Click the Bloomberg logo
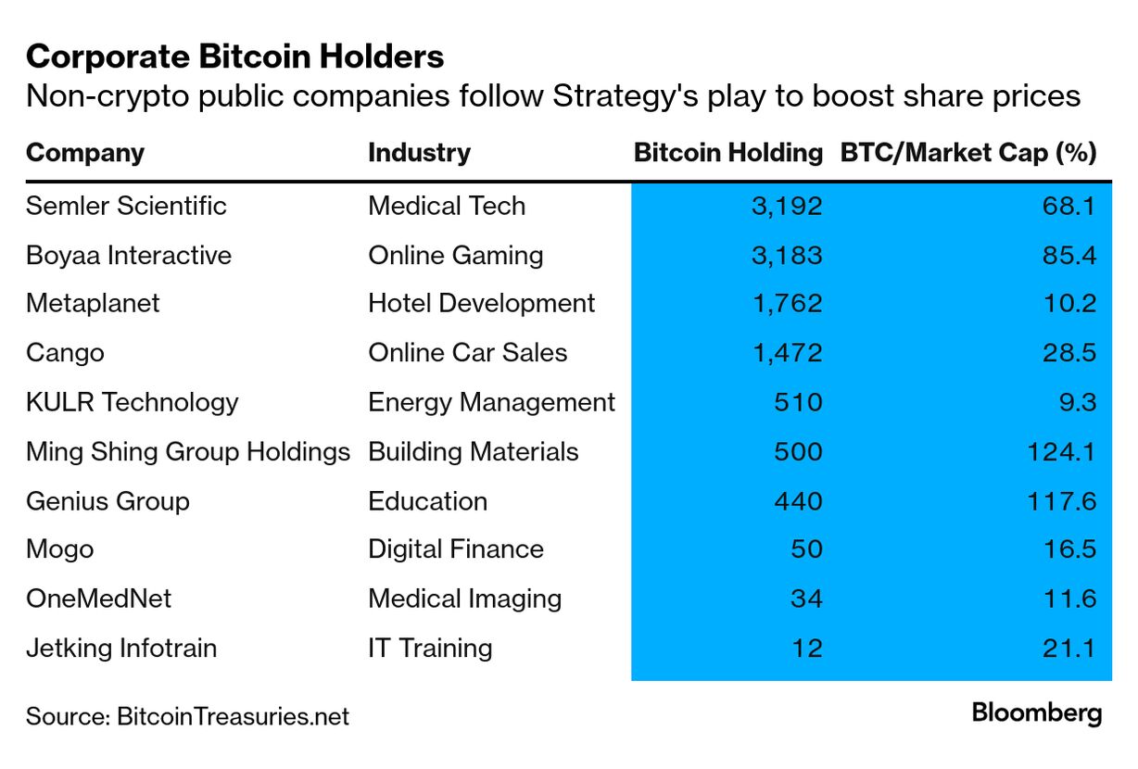1036,713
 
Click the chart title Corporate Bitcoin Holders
235,57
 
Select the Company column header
85,153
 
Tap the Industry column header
419,153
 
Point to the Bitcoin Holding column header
727,153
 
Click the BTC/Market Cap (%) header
968,153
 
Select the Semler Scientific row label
126,206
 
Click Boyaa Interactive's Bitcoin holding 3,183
787,255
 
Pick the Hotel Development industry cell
481,304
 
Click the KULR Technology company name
132,402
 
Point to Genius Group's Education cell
427,501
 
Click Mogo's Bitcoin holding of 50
805,549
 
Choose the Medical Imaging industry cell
464,599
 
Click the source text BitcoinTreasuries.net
233,716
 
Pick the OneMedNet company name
98,599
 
